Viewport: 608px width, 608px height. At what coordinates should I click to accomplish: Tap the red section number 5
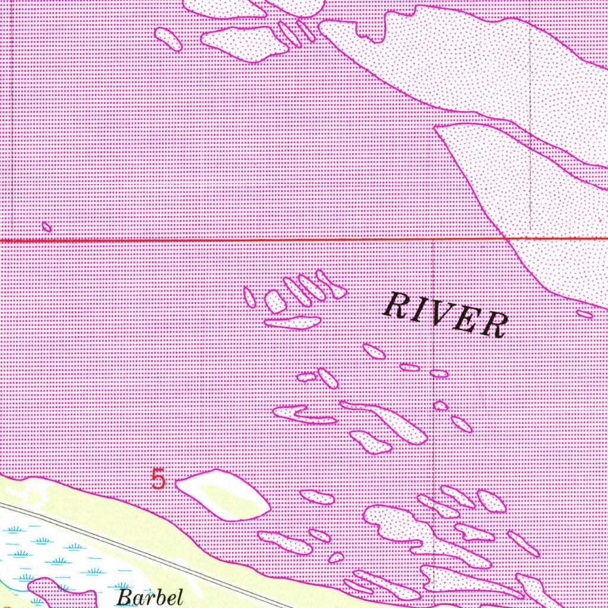coord(158,479)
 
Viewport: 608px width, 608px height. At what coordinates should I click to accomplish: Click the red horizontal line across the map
coord(237,240)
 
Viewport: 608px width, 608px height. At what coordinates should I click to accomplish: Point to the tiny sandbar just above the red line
coord(47,226)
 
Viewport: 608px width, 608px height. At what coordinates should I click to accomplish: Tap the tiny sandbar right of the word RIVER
coord(584,314)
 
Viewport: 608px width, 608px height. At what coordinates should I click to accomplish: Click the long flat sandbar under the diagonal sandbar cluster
coord(292,322)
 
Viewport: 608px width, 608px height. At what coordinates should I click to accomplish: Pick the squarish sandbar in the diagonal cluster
coord(275,302)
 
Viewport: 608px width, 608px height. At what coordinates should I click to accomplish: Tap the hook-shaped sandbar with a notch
coord(303,414)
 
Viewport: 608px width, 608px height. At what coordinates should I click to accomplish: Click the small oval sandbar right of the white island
coord(317,497)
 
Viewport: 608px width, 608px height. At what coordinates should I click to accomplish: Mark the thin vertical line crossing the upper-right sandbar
coord(530,119)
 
